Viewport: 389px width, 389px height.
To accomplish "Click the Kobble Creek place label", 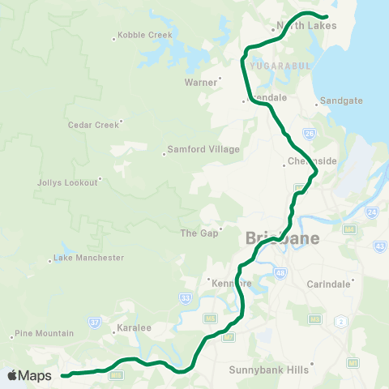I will click(145, 36).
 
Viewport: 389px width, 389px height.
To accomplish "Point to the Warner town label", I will click(201, 82).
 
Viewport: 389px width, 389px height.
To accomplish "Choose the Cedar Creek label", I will click(93, 125).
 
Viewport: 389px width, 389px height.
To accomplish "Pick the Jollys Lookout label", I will click(68, 182).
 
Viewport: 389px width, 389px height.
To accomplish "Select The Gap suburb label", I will click(195, 233).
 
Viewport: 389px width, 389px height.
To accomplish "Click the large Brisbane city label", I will click(282, 239).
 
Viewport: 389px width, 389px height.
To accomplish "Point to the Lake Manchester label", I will click(88, 258).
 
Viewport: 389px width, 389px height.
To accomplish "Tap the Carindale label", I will click(329, 284).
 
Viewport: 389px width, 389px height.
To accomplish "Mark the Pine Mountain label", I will click(45, 333).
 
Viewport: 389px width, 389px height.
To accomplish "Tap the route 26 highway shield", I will click(309, 131).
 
